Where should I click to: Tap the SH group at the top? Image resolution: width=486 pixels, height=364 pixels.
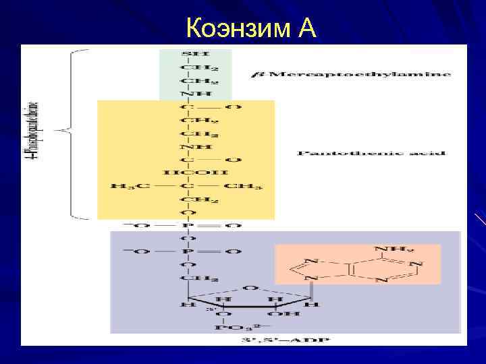[196, 54]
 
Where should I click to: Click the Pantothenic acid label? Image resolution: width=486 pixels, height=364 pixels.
[371, 154]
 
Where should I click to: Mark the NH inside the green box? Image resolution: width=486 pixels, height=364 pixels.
[196, 94]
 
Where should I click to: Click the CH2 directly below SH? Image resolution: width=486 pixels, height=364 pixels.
[196, 67]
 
